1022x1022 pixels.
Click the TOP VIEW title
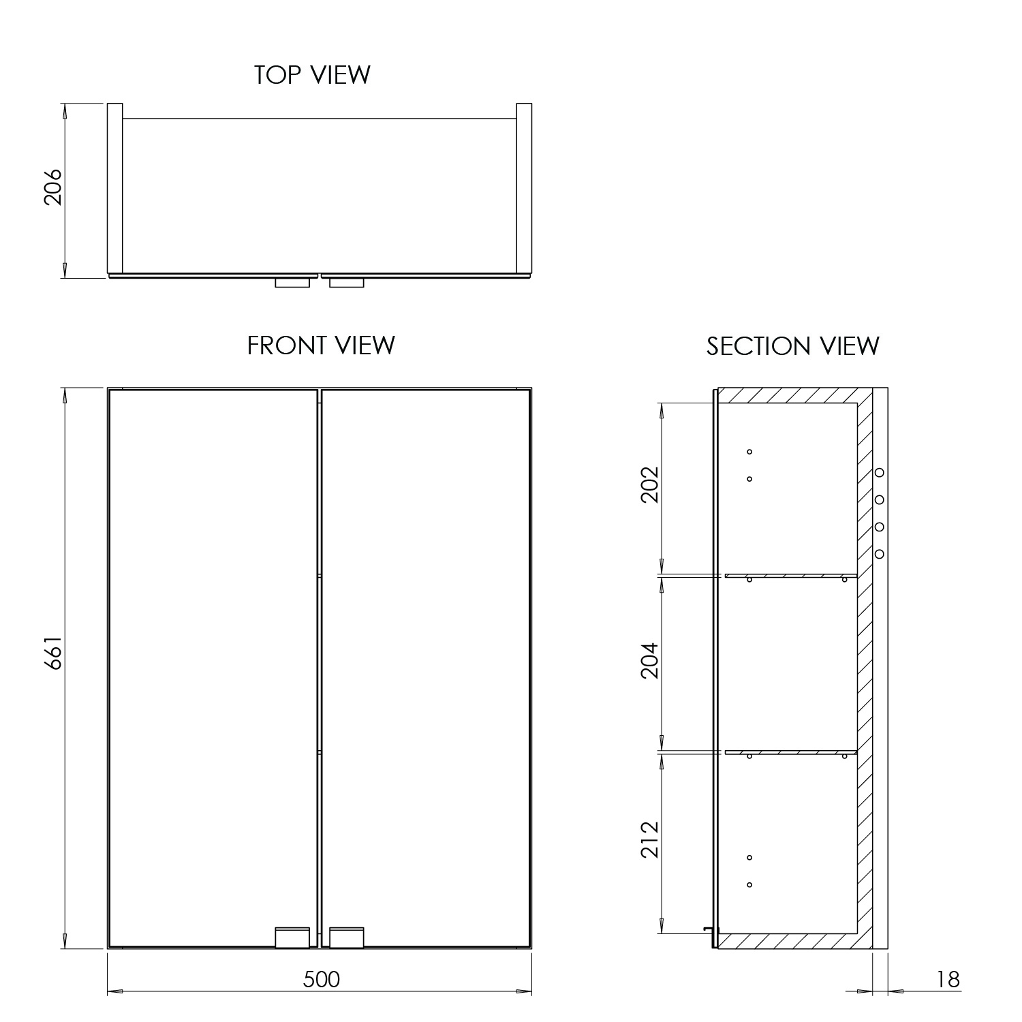point(312,75)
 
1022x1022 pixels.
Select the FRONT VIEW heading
point(321,345)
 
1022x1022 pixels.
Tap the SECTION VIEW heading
point(792,346)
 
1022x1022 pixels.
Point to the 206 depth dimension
point(53,187)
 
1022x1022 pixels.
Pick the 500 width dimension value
point(321,979)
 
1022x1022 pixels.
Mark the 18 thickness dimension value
point(948,979)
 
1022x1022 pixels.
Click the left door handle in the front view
point(292,938)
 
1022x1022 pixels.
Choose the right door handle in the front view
point(347,938)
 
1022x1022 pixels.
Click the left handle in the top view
point(292,283)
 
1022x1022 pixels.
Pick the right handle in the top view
point(347,283)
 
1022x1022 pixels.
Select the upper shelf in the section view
point(790,576)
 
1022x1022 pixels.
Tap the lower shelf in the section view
point(790,752)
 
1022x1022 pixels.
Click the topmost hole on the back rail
point(880,472)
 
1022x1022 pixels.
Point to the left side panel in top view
point(115,189)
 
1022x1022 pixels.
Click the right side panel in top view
point(524,189)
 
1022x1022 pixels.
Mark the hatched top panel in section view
point(790,396)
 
